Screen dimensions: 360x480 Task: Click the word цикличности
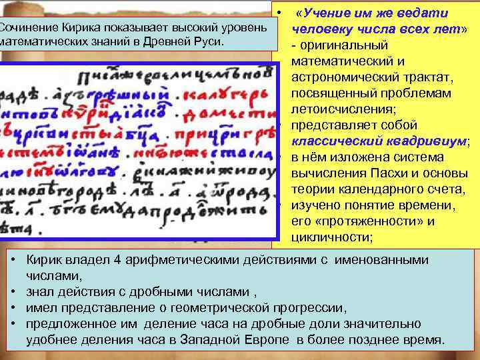click(x=327, y=237)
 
